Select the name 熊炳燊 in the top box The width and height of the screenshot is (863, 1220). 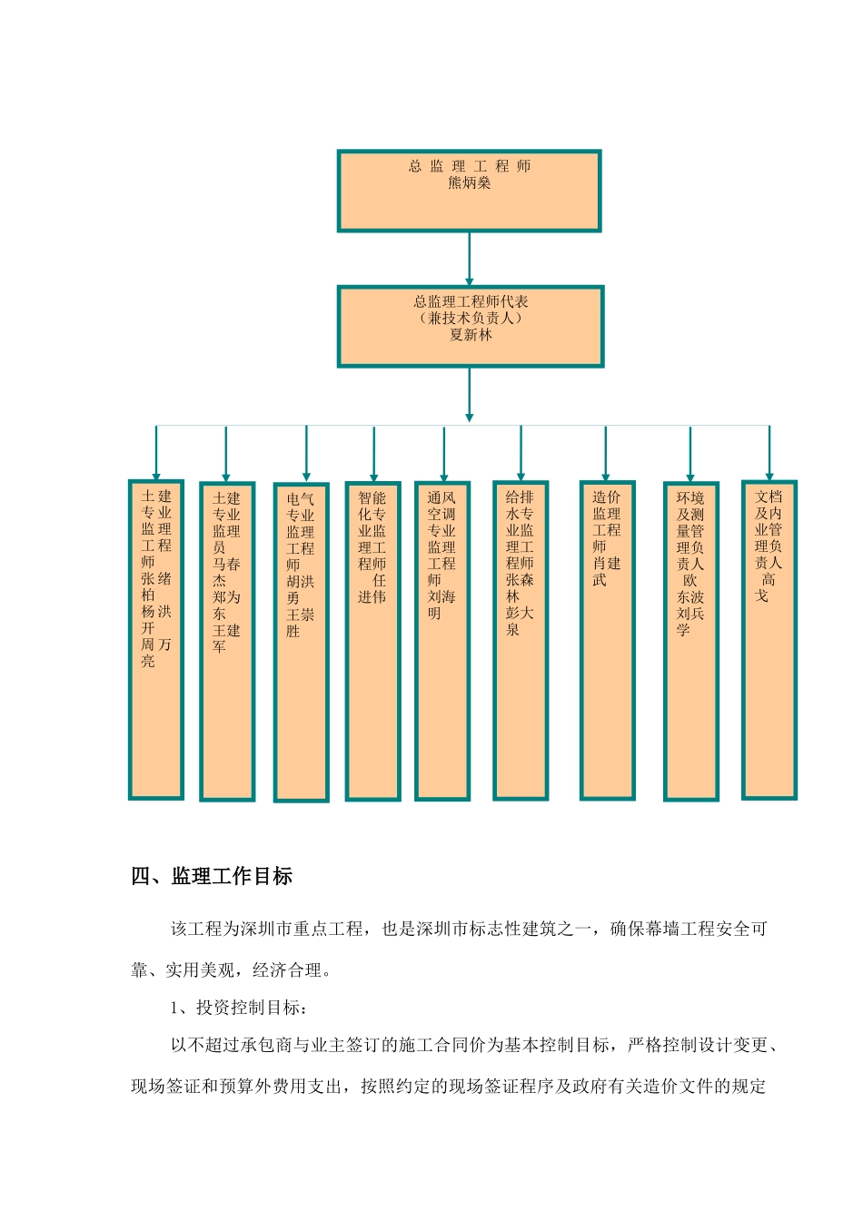click(x=470, y=183)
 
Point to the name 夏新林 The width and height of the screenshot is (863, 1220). click(x=471, y=335)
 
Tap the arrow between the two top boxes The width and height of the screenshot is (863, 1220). click(x=470, y=259)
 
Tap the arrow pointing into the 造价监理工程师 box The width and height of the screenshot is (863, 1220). click(x=606, y=454)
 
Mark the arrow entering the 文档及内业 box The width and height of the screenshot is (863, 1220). click(x=769, y=454)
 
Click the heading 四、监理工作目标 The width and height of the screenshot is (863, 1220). click(x=212, y=877)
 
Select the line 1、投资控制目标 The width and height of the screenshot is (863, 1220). click(x=239, y=1008)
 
